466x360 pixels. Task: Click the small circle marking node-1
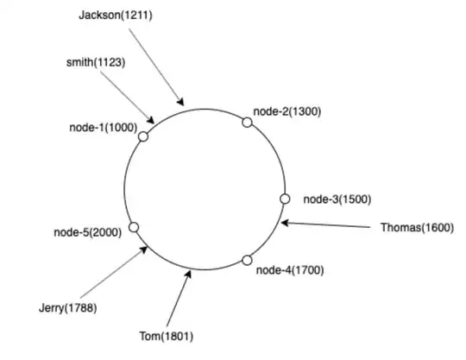[x=143, y=136]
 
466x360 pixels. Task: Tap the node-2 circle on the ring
[x=247, y=123]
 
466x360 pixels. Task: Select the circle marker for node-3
[x=285, y=199]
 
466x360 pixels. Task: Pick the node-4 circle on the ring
[x=247, y=260]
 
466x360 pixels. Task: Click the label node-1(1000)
[x=103, y=127]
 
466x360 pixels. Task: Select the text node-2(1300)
[x=287, y=111]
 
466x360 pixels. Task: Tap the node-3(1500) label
[x=337, y=199]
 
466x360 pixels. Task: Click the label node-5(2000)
[x=87, y=231]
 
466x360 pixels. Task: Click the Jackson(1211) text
[x=115, y=16]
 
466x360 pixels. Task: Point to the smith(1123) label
[x=94, y=62]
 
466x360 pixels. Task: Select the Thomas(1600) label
[x=415, y=228]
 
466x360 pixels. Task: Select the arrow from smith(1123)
[x=129, y=96]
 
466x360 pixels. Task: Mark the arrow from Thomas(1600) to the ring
[x=328, y=225]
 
